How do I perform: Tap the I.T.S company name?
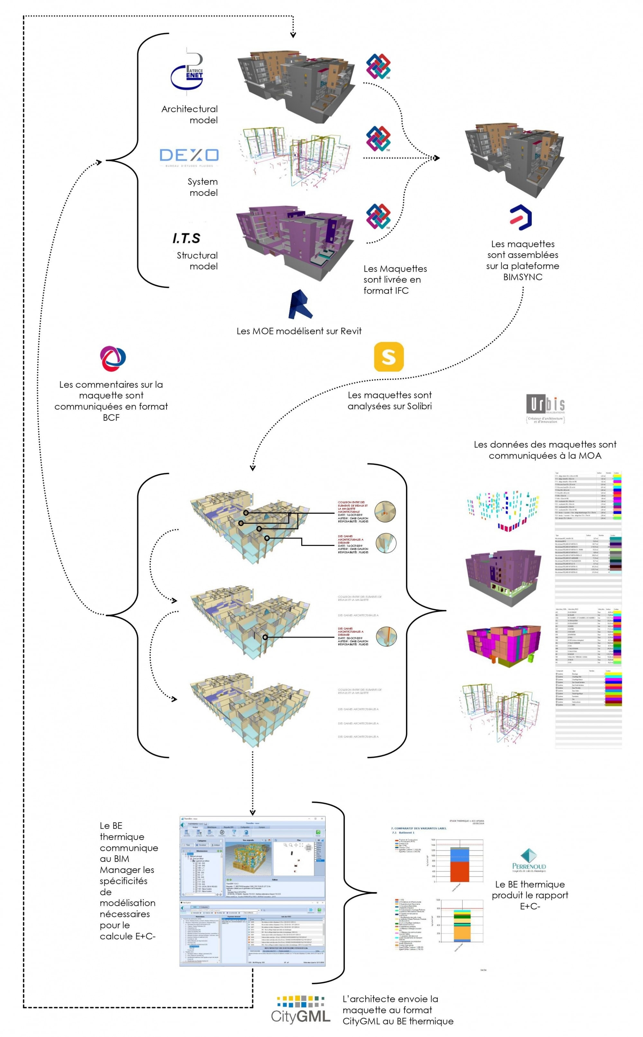(x=186, y=238)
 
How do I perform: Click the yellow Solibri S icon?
(x=388, y=357)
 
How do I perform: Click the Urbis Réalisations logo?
(x=545, y=407)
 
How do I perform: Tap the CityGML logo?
(x=301, y=1008)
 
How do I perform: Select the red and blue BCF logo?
(x=113, y=358)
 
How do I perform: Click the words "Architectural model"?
(x=190, y=114)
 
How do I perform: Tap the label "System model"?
(x=203, y=187)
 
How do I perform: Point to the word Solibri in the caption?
(x=419, y=406)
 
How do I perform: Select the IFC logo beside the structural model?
(x=378, y=216)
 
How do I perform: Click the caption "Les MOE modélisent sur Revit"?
(x=299, y=331)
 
